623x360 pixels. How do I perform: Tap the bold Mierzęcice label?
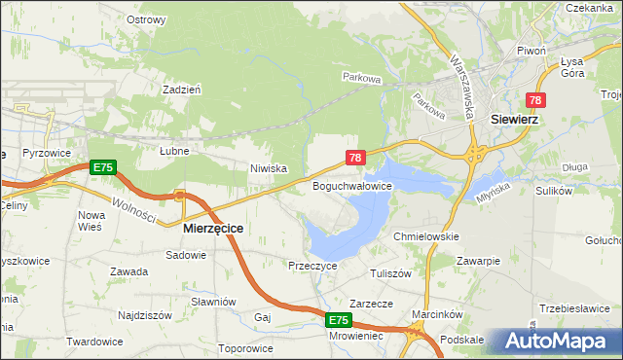coord(213,227)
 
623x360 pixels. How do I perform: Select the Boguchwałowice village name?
coord(351,185)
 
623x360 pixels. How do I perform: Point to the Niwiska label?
coord(268,168)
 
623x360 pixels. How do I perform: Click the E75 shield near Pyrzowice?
coord(103,167)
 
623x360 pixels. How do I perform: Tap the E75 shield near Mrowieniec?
coord(338,319)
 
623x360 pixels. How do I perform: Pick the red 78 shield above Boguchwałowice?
coord(355,157)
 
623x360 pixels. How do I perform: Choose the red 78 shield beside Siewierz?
coord(535,100)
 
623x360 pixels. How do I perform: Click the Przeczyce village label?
coord(311,265)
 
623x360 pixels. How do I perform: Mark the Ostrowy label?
coord(146,18)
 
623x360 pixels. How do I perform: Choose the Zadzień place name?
coord(182,88)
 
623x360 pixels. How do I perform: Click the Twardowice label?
coord(94,342)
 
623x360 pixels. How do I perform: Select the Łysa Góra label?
coord(572,66)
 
